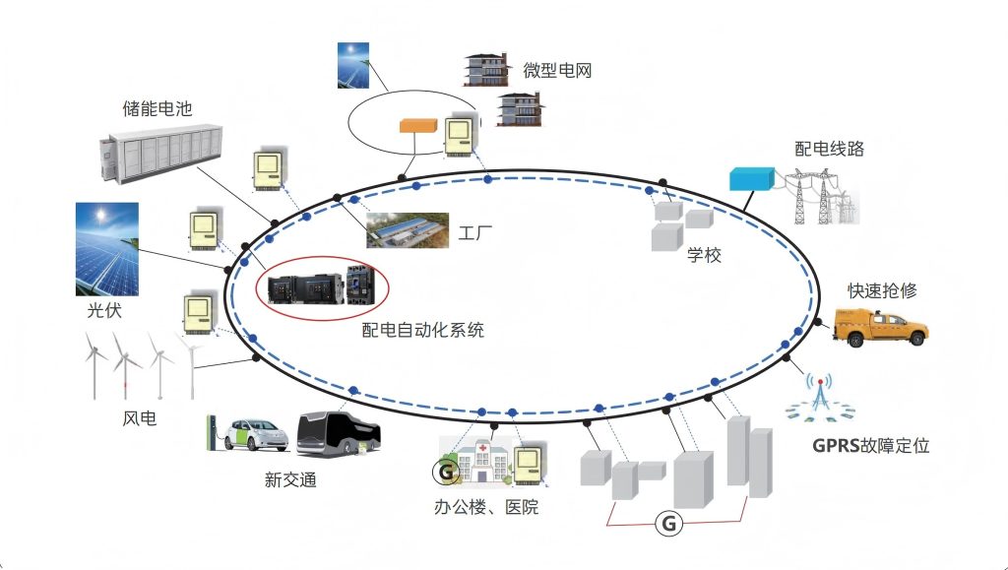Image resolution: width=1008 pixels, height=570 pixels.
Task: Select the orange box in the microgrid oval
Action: (x=417, y=126)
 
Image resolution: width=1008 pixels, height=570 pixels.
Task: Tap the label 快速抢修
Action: (x=883, y=290)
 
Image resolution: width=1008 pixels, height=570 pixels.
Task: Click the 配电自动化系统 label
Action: (x=423, y=331)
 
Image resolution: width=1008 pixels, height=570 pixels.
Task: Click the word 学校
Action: (x=704, y=256)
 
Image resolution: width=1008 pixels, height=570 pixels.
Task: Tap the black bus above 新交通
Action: (x=339, y=433)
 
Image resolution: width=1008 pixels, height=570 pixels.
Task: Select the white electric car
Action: (x=255, y=434)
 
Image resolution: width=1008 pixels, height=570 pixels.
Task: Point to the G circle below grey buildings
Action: (x=668, y=524)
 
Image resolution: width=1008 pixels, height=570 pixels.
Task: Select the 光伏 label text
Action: (x=96, y=312)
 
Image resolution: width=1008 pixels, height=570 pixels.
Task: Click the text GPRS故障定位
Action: (x=870, y=445)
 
